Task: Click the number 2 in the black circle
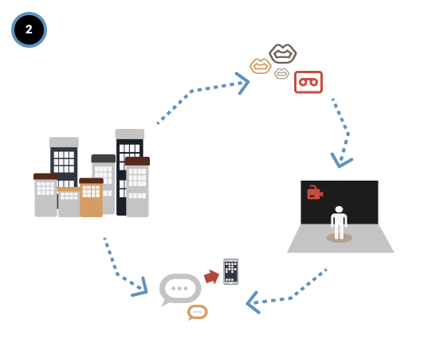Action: (x=29, y=29)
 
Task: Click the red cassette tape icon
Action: (x=308, y=82)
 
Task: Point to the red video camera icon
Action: (x=315, y=193)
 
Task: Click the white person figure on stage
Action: (x=339, y=223)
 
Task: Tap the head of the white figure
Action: (x=339, y=209)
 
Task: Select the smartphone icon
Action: (x=230, y=271)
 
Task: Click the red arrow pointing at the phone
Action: (x=212, y=277)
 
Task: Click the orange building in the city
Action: (x=91, y=197)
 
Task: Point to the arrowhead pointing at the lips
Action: (x=242, y=84)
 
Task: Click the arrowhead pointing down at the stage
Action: (x=341, y=161)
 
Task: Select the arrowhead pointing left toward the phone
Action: (x=253, y=302)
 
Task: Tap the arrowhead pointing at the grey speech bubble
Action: (x=140, y=288)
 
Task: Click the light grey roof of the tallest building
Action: (x=130, y=134)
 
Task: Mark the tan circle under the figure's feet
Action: (x=339, y=238)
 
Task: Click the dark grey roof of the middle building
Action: (x=104, y=158)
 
